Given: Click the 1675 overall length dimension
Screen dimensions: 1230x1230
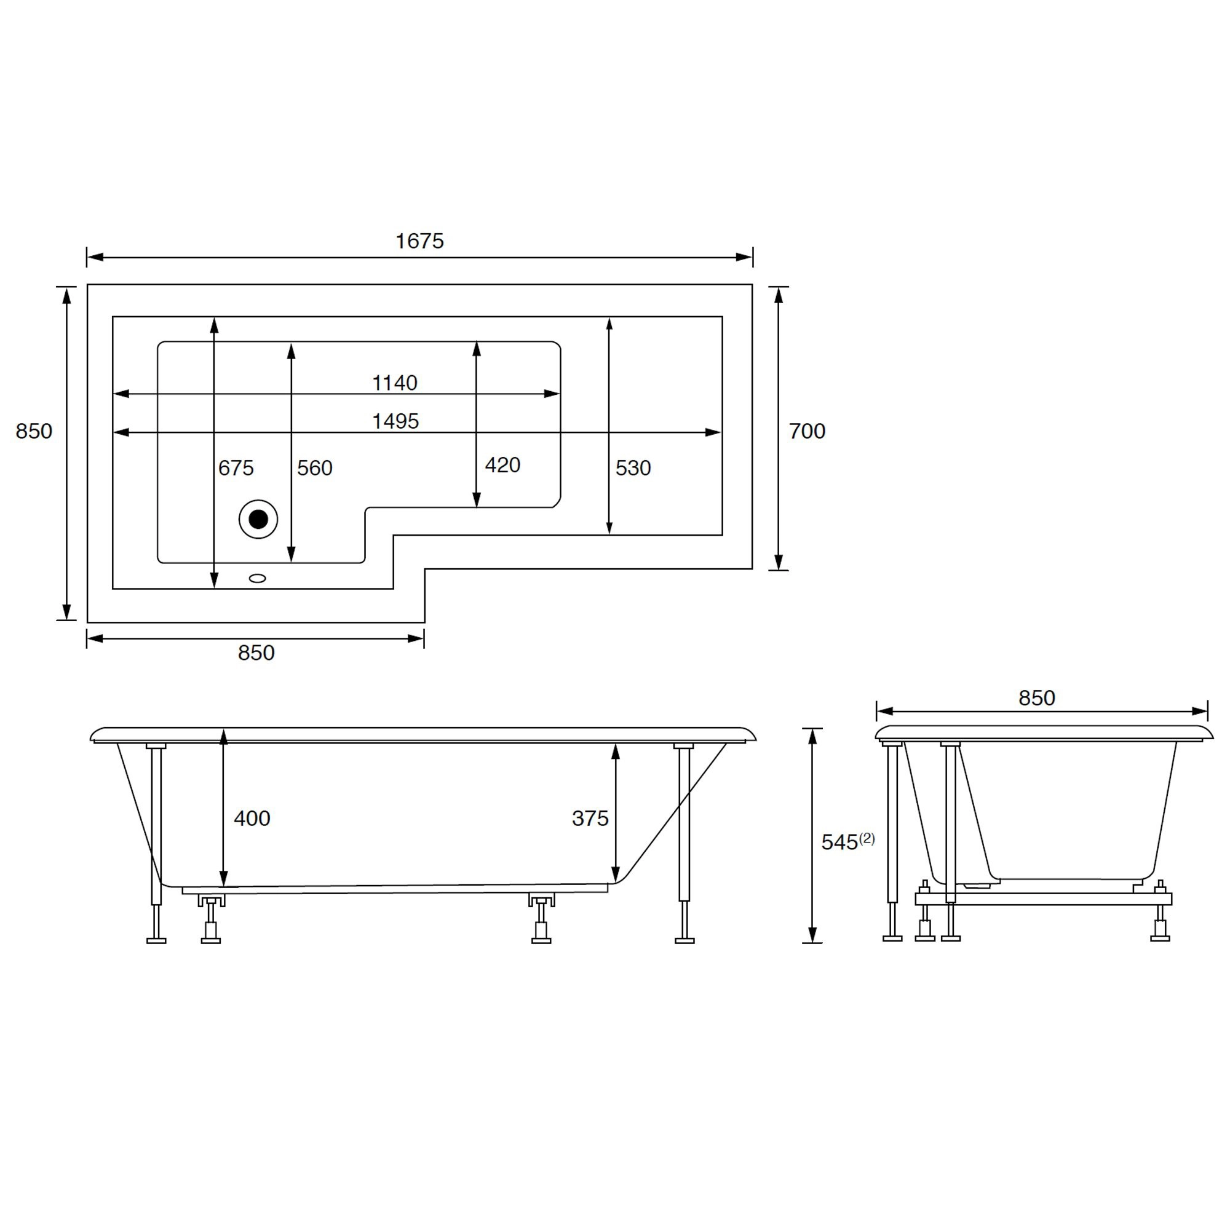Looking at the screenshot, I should tap(419, 241).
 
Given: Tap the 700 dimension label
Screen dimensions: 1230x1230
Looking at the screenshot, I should tap(807, 432).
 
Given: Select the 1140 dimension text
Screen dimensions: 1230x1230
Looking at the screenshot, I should tap(394, 383).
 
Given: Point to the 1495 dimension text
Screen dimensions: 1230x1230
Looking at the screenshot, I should tap(395, 421).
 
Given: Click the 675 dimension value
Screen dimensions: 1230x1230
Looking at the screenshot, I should tap(236, 469).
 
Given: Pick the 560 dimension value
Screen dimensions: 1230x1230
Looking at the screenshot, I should tap(314, 469).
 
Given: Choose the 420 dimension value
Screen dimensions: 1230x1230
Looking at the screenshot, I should tap(502, 466).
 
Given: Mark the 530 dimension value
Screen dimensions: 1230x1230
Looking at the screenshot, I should tap(633, 469).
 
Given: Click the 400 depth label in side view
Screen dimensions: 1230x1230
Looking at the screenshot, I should tap(252, 819).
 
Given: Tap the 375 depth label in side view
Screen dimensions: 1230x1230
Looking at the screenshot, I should tap(590, 819).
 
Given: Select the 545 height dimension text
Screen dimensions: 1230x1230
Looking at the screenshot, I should tap(839, 843).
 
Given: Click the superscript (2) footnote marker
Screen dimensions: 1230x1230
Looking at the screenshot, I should tap(867, 838).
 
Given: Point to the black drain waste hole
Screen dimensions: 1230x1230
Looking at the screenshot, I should tap(258, 520).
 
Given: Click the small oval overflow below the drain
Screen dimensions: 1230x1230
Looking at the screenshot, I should tap(257, 578).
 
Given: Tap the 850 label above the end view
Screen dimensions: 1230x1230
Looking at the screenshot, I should tap(1036, 699).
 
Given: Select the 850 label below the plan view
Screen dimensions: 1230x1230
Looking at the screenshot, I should tap(256, 653).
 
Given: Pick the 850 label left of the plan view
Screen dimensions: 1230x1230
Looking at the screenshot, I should tap(34, 432).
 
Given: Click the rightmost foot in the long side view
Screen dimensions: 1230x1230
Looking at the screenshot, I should tap(684, 940).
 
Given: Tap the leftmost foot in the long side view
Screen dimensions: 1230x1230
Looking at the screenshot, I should tap(156, 940).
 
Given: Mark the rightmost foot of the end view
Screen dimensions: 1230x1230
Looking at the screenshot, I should tap(1160, 937).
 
